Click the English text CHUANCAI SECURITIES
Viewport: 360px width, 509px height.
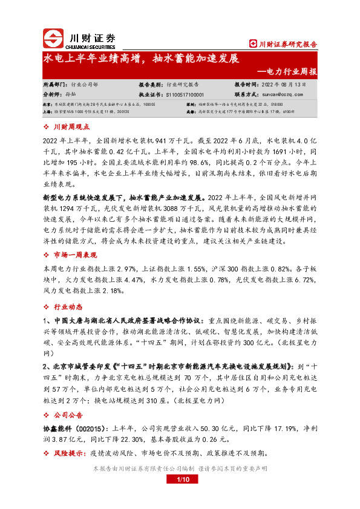[90, 44]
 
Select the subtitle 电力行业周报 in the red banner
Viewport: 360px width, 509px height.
[291, 71]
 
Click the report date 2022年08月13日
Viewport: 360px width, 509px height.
[284, 85]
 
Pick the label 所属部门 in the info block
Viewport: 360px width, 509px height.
[55, 85]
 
